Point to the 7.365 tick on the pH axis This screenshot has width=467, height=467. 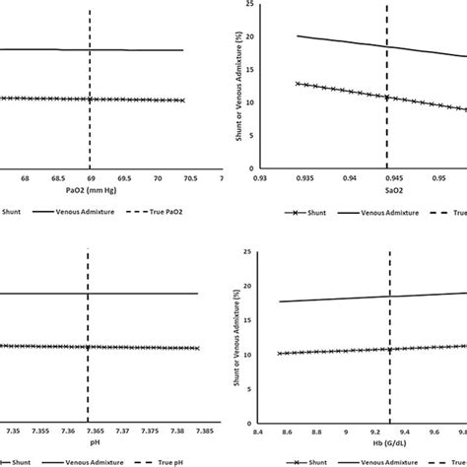tap(90, 431)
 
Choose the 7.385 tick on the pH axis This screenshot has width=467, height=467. tap(197, 431)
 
